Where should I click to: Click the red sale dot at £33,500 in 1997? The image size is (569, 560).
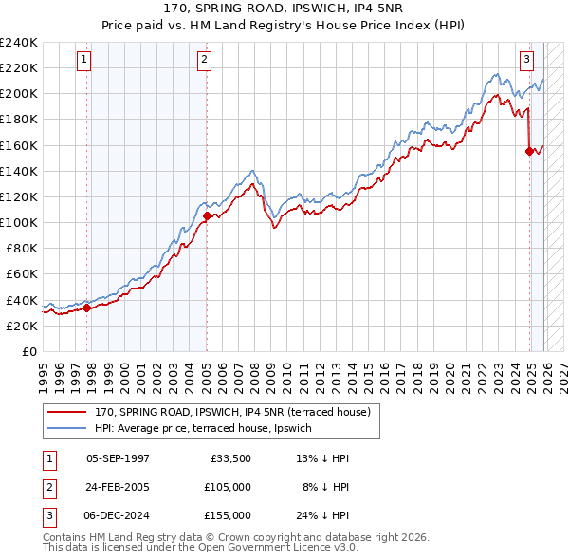pos(86,308)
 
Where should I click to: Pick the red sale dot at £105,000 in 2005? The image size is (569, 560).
pos(207,215)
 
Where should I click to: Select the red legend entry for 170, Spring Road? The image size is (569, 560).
pos(237,413)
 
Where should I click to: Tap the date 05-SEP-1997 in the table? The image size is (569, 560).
pos(118,458)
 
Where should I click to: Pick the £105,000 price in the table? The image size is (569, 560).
pos(228,487)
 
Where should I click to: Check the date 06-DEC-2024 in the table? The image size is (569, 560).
pos(118,515)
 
